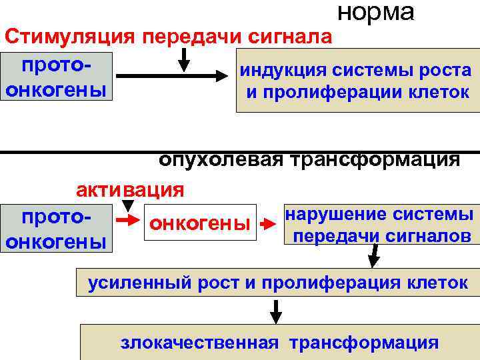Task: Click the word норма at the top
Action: click(x=376, y=12)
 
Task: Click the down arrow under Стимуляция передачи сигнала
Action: click(x=185, y=61)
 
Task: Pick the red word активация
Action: click(x=129, y=190)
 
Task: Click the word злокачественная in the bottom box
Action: click(x=199, y=343)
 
